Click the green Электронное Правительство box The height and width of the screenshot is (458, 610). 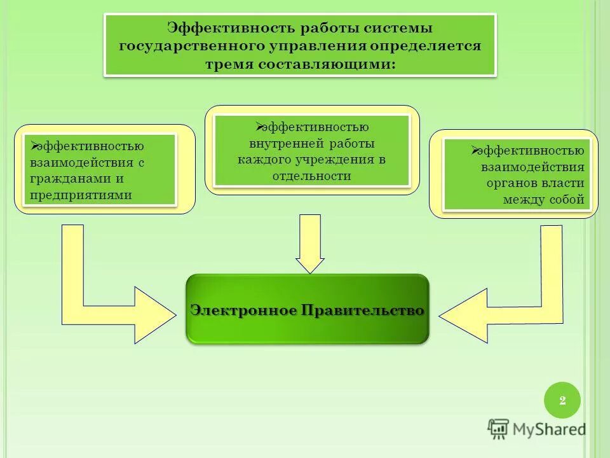tap(307, 309)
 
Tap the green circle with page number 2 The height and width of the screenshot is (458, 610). tap(562, 400)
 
